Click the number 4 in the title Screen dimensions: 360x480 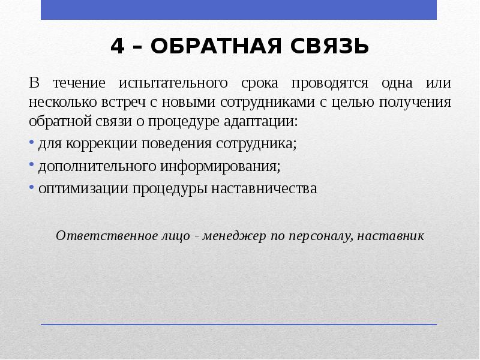[118, 46]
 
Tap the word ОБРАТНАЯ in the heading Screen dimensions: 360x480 [213, 46]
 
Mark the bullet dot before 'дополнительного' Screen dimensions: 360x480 [32, 166]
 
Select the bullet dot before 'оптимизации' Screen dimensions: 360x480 [32, 188]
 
